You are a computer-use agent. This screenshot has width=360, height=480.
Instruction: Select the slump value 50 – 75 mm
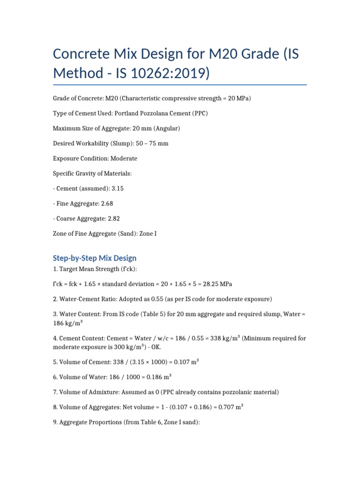pos(150,143)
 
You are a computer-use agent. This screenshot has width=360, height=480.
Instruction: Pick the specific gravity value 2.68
pos(105,203)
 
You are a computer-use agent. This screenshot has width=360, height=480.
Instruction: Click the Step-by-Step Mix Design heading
pos(95,258)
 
